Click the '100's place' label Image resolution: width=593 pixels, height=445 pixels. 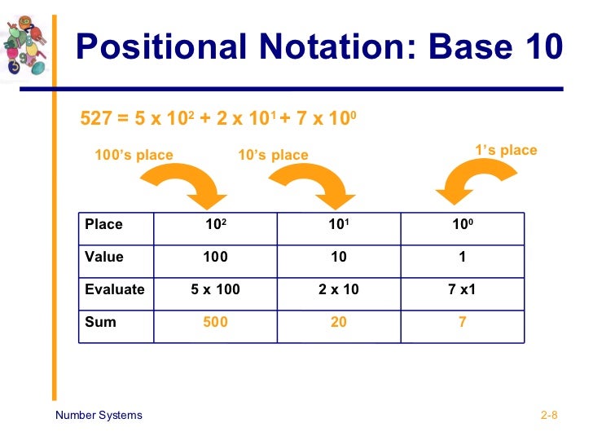[134, 155]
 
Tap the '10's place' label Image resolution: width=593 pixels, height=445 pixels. [273, 155]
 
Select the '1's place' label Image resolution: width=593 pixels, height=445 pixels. [506, 150]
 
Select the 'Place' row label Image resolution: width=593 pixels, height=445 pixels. [103, 224]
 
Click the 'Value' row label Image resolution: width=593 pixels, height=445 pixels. [104, 257]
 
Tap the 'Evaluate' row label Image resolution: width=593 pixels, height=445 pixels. [114, 289]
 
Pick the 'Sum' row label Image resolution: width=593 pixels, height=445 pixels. [100, 322]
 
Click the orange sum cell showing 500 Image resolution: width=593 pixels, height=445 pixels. [215, 322]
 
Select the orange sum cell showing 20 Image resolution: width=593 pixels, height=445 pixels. [339, 322]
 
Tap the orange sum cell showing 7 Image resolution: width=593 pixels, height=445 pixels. [462, 322]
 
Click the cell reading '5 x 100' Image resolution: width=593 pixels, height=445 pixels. [215, 289]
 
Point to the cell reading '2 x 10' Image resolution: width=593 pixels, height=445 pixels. [339, 289]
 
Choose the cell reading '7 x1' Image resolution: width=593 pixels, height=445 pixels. [462, 289]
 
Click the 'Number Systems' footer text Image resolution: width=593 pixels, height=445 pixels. [99, 415]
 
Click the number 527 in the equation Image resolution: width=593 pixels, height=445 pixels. [94, 120]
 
